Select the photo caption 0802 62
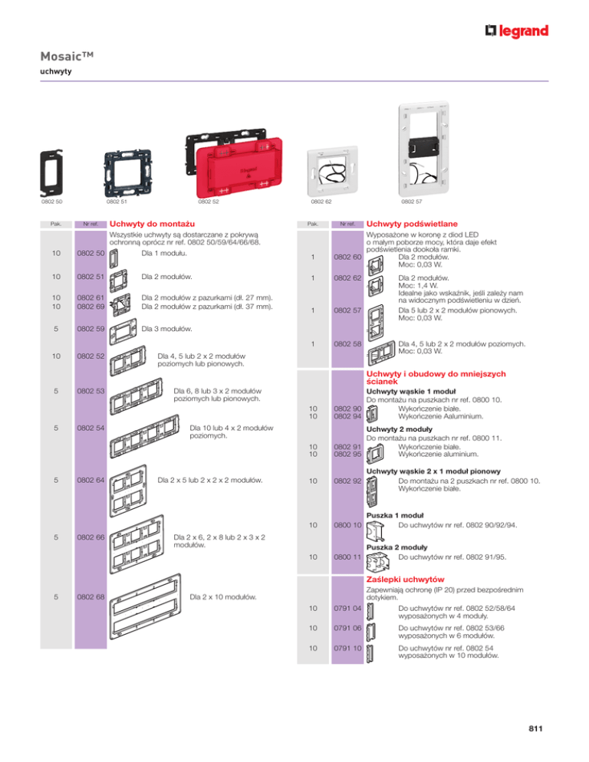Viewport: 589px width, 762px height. [x=321, y=202]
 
